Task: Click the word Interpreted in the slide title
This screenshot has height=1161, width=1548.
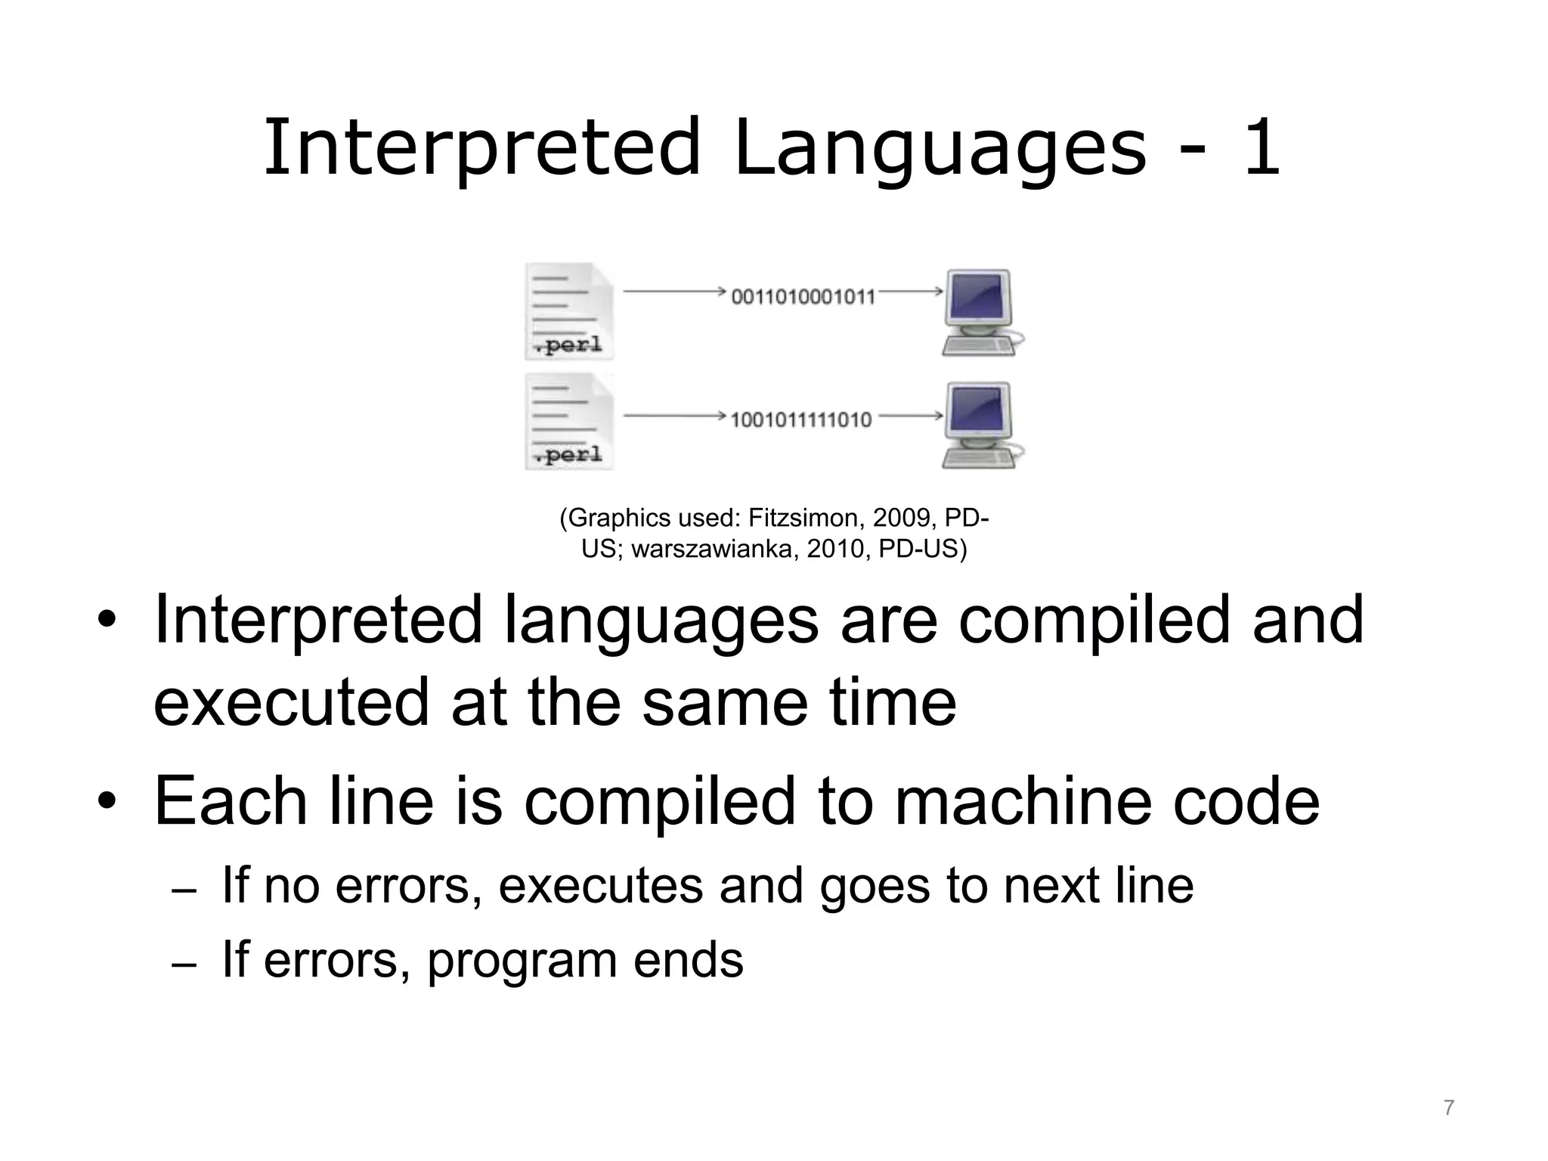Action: point(481,147)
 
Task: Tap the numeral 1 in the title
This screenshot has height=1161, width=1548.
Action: point(1260,149)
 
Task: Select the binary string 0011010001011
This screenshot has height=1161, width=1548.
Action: point(803,296)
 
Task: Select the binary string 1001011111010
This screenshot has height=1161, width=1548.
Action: point(801,420)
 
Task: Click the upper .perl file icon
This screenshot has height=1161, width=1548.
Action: point(568,311)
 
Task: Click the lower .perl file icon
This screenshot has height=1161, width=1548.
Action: point(568,422)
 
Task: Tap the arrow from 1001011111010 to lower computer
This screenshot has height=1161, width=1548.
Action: point(910,415)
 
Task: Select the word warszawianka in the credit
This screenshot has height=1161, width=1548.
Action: point(714,550)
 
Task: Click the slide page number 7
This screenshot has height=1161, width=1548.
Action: point(1448,1108)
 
